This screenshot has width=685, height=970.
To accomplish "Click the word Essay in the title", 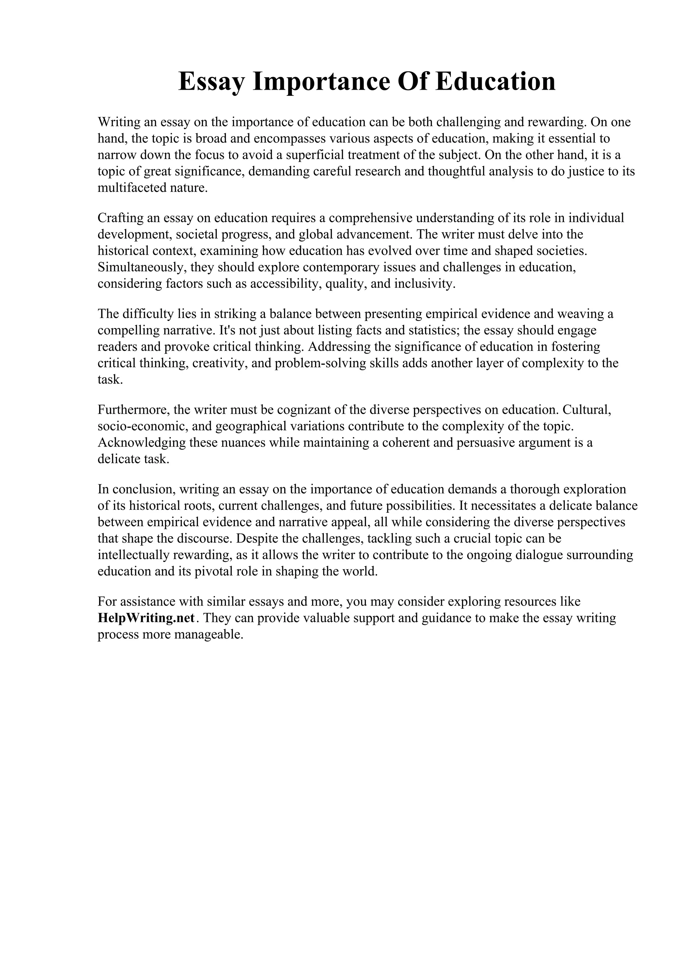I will click(x=211, y=82).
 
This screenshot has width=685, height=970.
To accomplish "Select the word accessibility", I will click(x=286, y=284).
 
